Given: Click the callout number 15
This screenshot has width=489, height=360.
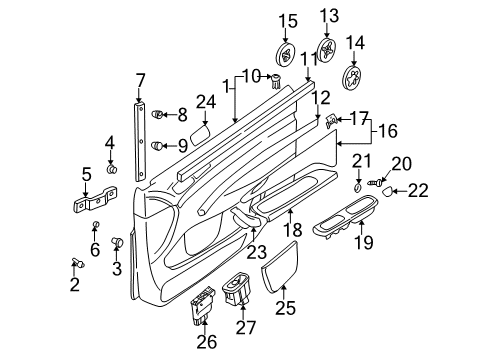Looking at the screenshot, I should (x=288, y=21).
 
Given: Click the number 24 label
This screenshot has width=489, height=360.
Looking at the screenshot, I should (x=205, y=100).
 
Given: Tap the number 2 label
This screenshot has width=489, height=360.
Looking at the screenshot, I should (x=74, y=285).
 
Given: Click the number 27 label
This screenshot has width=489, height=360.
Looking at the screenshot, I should (x=243, y=327).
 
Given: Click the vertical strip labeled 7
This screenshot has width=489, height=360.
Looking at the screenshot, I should (x=139, y=140).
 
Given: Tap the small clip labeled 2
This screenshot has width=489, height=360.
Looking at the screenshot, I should (x=76, y=262).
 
